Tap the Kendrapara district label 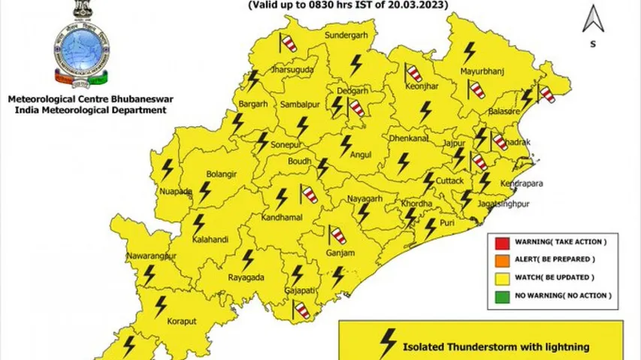click(x=523, y=183)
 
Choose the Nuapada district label click(x=176, y=192)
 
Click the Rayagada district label click(x=246, y=277)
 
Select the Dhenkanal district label click(x=409, y=139)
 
